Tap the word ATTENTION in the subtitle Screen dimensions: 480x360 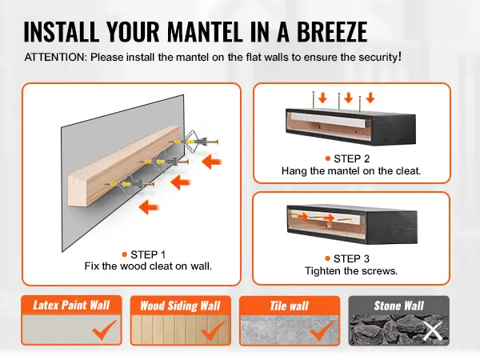point(56,58)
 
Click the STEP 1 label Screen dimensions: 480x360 point(148,254)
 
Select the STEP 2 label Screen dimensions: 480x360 point(351,158)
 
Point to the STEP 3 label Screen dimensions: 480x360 point(351,258)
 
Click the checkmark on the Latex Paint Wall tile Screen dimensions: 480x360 point(104,330)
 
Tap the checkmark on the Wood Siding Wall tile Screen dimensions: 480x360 point(213,330)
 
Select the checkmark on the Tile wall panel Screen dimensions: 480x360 point(322,330)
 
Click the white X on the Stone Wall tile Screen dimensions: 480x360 point(433,331)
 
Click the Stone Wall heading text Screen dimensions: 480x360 point(399,306)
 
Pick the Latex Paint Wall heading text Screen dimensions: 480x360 point(71,306)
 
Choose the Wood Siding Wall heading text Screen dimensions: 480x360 point(180,306)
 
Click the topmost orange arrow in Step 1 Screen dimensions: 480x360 point(211,162)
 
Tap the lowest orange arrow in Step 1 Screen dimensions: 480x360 point(149,207)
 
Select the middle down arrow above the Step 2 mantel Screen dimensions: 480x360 point(348,98)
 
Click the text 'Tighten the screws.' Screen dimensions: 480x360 point(351,271)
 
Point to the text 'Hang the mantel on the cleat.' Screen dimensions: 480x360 point(351,171)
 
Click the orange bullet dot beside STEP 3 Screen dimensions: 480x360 point(327,258)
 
